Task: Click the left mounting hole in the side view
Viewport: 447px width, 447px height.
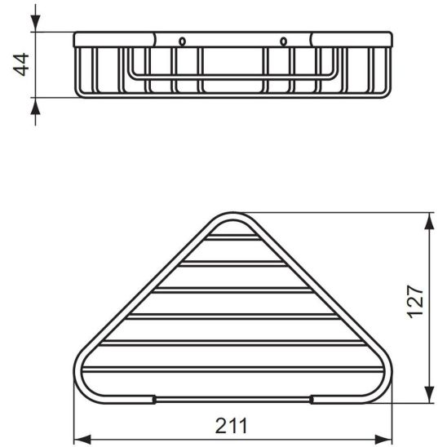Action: coord(181,41)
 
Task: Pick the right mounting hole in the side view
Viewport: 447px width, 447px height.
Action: coord(284,41)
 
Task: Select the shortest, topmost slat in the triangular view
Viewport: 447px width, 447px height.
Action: coord(234,241)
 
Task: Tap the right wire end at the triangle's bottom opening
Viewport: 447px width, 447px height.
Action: coord(313,399)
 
